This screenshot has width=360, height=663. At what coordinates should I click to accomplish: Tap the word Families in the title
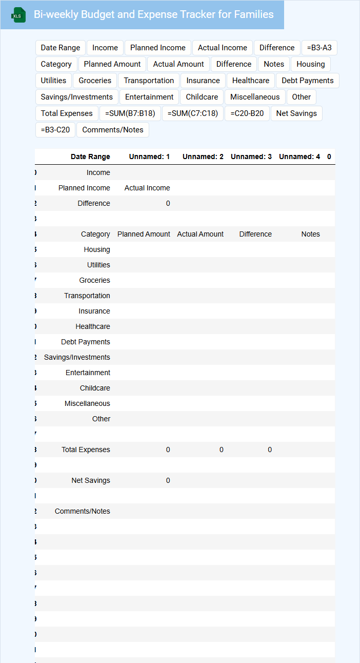[254, 14]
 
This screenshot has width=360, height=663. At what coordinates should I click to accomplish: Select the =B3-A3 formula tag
[319, 48]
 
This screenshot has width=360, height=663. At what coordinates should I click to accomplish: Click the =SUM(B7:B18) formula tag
[130, 113]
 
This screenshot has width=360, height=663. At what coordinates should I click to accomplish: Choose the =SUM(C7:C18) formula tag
[193, 113]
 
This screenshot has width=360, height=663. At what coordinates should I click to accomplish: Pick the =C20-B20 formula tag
[247, 113]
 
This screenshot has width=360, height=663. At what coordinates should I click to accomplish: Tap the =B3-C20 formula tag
[55, 130]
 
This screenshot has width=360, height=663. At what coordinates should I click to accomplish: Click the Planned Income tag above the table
[158, 48]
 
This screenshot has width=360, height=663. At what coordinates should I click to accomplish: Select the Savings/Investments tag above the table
[77, 97]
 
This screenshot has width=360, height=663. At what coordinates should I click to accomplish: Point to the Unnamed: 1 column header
[149, 157]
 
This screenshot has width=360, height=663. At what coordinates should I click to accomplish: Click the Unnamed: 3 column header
[251, 157]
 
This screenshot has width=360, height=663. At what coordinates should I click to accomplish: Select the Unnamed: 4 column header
[299, 157]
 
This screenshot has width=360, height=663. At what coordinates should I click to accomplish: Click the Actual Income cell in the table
[147, 188]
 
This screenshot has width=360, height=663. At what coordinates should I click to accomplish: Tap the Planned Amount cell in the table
[144, 234]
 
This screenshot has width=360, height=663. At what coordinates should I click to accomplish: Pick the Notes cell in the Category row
[310, 234]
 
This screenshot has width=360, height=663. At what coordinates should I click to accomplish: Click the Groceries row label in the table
[94, 280]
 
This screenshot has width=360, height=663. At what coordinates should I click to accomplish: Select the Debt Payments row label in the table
[86, 342]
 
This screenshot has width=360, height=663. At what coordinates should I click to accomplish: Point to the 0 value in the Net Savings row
[168, 480]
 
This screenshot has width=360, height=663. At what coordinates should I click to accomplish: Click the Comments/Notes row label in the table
[83, 511]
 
